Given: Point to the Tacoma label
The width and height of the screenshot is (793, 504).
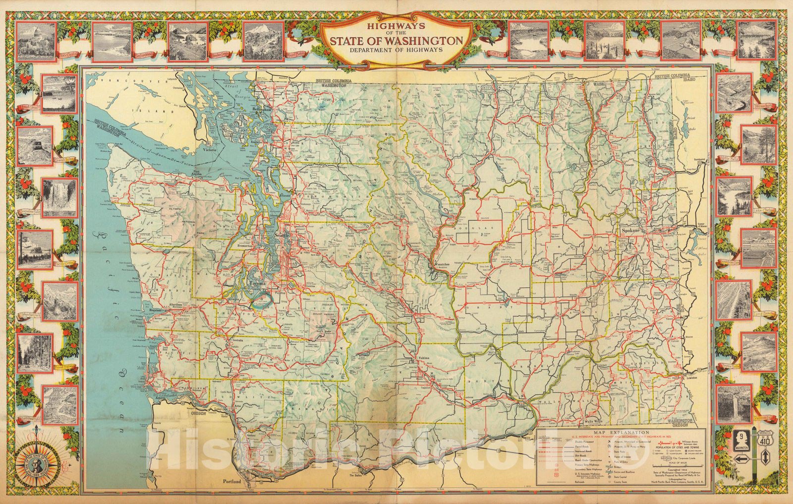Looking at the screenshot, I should click(259, 283).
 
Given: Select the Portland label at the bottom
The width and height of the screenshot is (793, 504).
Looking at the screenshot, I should click(231, 482).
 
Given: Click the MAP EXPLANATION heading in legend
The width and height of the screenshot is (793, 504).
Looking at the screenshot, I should click(622, 432).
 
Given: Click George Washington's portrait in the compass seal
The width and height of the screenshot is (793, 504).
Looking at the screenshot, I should click(39, 465).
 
